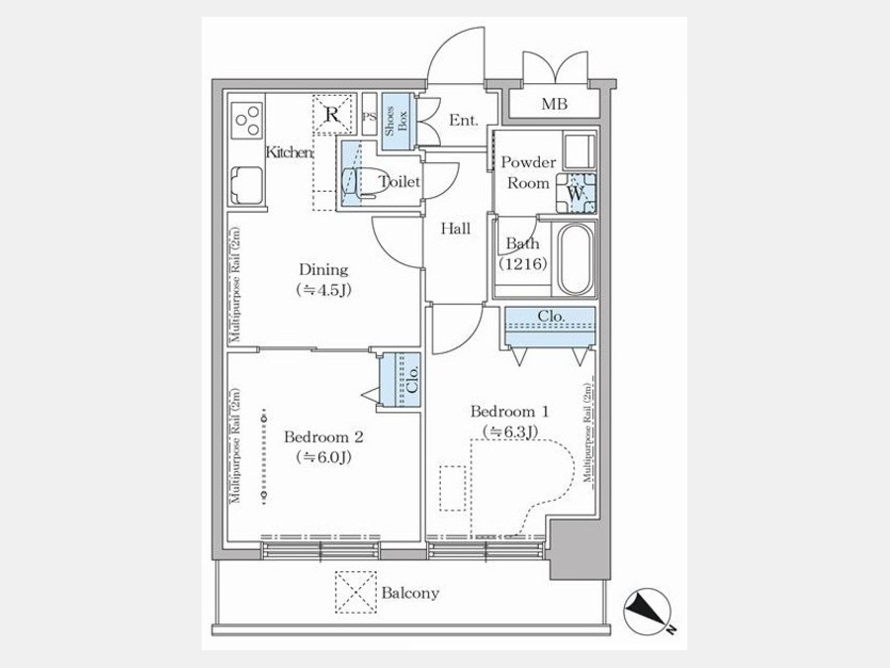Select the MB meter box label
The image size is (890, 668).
(x=554, y=104)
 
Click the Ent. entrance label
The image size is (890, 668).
(x=463, y=121)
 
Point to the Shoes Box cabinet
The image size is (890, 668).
(x=391, y=125)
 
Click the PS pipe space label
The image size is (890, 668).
(x=369, y=117)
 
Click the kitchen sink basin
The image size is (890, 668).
(x=247, y=185)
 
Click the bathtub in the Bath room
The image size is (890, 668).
(x=575, y=259)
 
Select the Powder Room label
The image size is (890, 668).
(x=528, y=172)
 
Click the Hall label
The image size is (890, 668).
(x=456, y=229)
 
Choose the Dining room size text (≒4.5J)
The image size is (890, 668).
(x=323, y=290)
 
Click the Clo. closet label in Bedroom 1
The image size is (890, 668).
(x=551, y=317)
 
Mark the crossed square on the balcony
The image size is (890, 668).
(x=351, y=591)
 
